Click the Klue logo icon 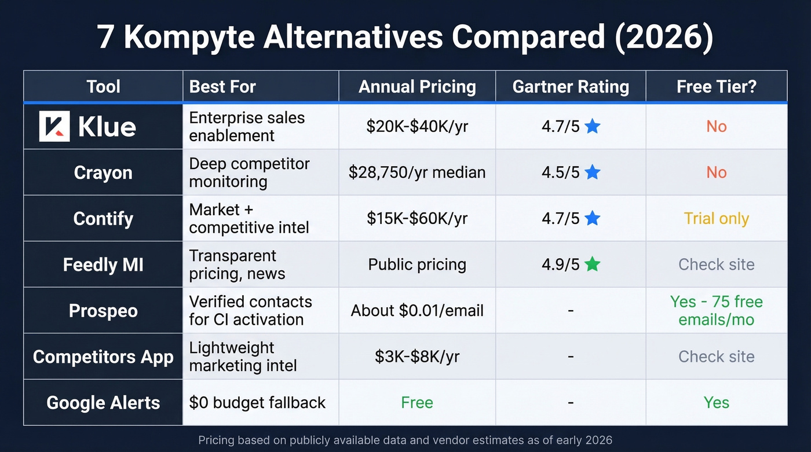pyautogui.click(x=54, y=126)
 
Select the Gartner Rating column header pyautogui.click(x=571, y=87)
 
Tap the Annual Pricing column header pyautogui.click(x=417, y=87)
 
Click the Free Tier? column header pyautogui.click(x=716, y=87)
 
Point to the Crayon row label pyautogui.click(x=103, y=172)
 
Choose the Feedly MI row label pyautogui.click(x=103, y=264)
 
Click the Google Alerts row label pyautogui.click(x=103, y=403)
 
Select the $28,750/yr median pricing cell pyautogui.click(x=417, y=172)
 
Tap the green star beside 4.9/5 pyautogui.click(x=592, y=264)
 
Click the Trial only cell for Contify pyautogui.click(x=716, y=219)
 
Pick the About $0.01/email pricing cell pyautogui.click(x=417, y=311)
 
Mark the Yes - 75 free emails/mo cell pyautogui.click(x=716, y=311)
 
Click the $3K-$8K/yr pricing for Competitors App pyautogui.click(x=417, y=357)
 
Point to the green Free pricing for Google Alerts pyautogui.click(x=417, y=403)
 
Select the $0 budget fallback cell pyautogui.click(x=257, y=403)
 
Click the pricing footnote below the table pyautogui.click(x=405, y=440)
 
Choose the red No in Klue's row pyautogui.click(x=716, y=126)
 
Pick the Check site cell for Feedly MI pyautogui.click(x=716, y=264)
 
